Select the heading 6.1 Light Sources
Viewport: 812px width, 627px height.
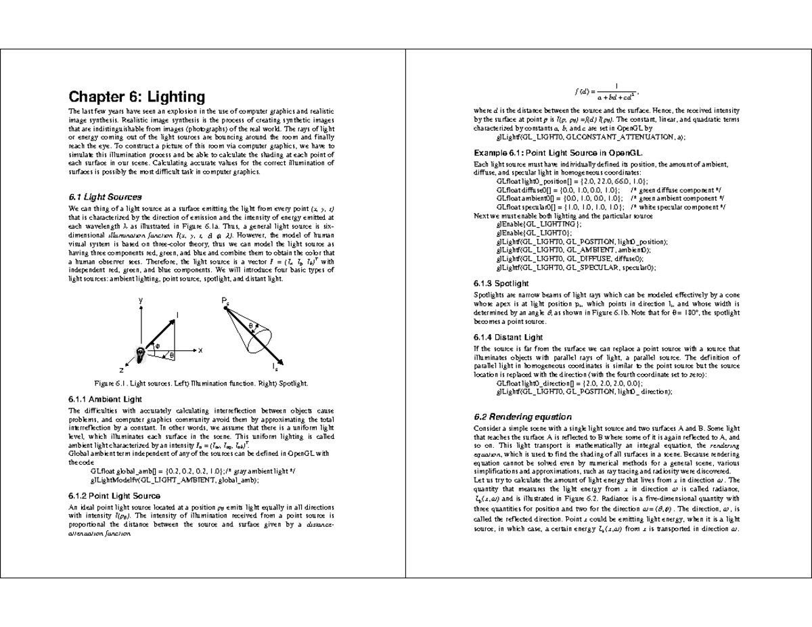106,197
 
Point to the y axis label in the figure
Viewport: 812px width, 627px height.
141,300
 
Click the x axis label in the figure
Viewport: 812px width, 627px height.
200,350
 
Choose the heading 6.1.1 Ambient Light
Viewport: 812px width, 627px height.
106,399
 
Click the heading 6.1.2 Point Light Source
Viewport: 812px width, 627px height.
114,496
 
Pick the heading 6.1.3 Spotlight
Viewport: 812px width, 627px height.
501,283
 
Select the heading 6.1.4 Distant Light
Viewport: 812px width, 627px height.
508,337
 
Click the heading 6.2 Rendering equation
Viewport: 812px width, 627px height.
523,417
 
